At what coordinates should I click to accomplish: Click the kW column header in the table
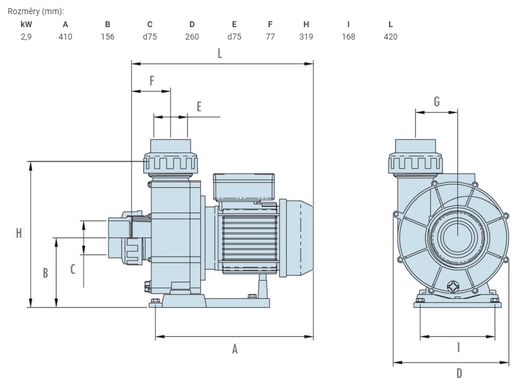tap(26, 24)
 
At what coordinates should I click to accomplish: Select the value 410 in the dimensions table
tap(65, 37)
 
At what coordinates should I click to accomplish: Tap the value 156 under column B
tap(107, 37)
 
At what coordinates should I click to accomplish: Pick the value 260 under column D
tap(192, 37)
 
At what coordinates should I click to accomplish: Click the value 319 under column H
tap(306, 37)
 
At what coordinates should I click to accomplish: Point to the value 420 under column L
tap(391, 37)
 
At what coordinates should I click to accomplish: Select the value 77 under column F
tap(270, 37)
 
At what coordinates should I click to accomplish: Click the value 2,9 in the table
tap(26, 37)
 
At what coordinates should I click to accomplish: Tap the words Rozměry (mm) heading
tap(36, 11)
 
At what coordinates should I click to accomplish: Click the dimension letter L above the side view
tap(220, 53)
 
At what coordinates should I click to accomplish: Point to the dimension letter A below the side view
tap(235, 349)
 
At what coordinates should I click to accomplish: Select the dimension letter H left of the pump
tap(19, 233)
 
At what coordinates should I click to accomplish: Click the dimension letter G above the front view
tap(437, 102)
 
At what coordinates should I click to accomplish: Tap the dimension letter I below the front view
tap(458, 348)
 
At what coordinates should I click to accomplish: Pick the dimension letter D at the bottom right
tap(459, 373)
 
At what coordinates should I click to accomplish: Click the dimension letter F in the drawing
tap(151, 80)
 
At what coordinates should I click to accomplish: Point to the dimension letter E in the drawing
tap(199, 107)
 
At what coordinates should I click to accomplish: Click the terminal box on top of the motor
tap(244, 187)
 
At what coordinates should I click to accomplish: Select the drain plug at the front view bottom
tap(453, 287)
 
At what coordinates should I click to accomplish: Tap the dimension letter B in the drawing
tap(45, 273)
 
